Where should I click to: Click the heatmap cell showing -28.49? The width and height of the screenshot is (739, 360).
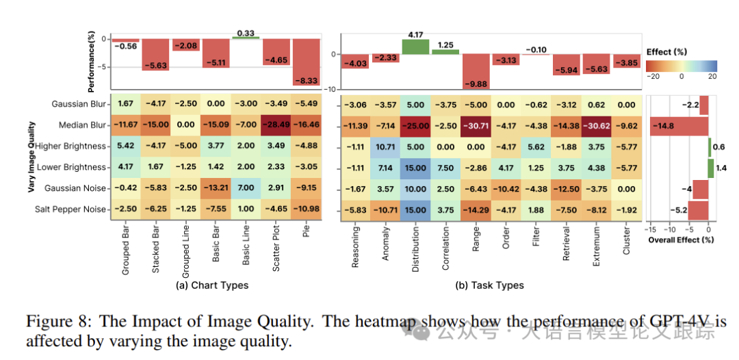coord(277,125)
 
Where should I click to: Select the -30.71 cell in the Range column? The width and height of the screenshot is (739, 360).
coord(475,125)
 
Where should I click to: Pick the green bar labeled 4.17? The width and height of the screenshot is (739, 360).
coord(415,47)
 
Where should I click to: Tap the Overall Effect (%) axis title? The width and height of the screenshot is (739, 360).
coord(681,240)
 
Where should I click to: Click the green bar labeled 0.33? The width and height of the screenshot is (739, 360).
coord(246,38)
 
